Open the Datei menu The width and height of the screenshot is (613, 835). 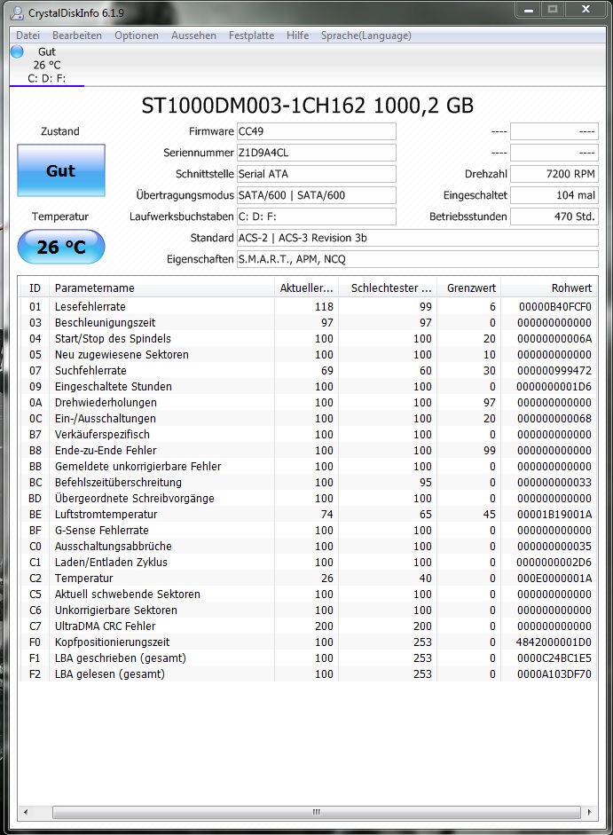[28, 35]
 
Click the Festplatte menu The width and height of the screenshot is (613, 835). [252, 35]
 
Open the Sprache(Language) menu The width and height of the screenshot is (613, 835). [365, 35]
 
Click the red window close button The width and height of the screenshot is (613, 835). [584, 10]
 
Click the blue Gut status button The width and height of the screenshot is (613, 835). [60, 170]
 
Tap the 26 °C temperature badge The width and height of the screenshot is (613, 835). [60, 247]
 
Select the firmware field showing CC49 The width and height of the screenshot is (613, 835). [316, 131]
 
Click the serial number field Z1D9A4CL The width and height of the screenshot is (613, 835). [316, 153]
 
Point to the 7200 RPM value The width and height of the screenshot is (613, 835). [554, 174]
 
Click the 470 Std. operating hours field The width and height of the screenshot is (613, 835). [554, 217]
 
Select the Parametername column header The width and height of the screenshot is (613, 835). [95, 288]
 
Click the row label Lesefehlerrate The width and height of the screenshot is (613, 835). [90, 307]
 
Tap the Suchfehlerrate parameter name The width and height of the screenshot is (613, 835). [90, 371]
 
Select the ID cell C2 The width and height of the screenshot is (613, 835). [35, 579]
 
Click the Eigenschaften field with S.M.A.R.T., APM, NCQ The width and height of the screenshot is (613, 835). [417, 259]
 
